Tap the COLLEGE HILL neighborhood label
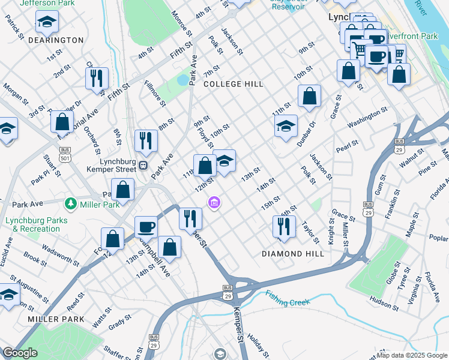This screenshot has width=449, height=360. click(233, 84)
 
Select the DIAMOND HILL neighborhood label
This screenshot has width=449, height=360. click(293, 254)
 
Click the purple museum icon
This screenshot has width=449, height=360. click(213, 204)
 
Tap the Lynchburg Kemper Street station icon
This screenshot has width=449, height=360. click(143, 166)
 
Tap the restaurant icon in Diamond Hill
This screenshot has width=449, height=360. click(284, 226)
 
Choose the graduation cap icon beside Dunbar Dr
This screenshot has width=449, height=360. click(286, 125)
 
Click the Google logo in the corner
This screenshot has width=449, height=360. click(20, 353)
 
